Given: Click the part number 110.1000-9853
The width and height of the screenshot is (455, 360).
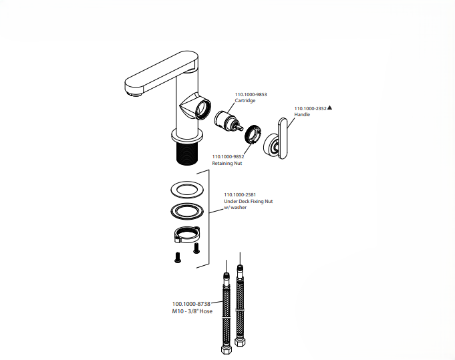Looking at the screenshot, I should pyautogui.click(x=251, y=94).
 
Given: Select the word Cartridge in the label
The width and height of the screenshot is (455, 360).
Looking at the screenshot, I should pyautogui.click(x=245, y=101).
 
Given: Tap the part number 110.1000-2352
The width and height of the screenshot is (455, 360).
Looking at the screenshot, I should pyautogui.click(x=310, y=108).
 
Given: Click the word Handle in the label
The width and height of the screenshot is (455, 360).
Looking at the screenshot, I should pyautogui.click(x=302, y=115).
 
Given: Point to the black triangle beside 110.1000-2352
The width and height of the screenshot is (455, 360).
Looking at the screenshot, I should pyautogui.click(x=329, y=108).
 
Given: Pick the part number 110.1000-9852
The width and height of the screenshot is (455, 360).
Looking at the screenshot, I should pyautogui.click(x=228, y=156).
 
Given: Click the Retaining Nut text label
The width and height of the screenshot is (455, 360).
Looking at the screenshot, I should pyautogui.click(x=227, y=163).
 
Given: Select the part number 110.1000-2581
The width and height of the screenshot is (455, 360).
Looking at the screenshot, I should pyautogui.click(x=239, y=194).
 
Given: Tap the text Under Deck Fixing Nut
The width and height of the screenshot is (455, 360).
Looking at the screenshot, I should pyautogui.click(x=248, y=201).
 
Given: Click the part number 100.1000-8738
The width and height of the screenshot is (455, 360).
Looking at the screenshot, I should pyautogui.click(x=191, y=304).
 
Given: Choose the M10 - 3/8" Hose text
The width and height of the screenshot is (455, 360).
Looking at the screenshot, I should pyautogui.click(x=192, y=311).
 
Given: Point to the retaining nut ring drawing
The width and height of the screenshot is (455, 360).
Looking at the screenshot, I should pyautogui.click(x=252, y=134).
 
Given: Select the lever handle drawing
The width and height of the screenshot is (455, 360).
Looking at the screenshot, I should pyautogui.click(x=280, y=139).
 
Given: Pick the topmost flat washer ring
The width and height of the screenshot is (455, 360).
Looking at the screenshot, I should pyautogui.click(x=187, y=190).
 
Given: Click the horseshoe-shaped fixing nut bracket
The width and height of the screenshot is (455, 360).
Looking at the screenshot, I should pyautogui.click(x=187, y=236).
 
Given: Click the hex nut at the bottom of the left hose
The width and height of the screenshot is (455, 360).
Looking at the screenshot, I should pyautogui.click(x=225, y=349).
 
